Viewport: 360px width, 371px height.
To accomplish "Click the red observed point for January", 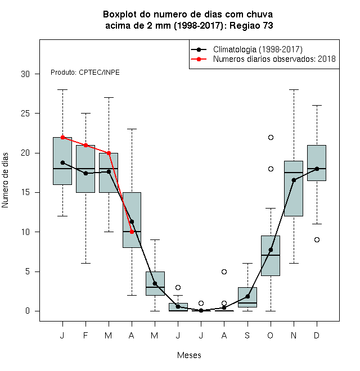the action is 62,137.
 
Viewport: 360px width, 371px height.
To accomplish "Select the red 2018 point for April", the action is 132,232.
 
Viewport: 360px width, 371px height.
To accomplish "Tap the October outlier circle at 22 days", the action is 271,138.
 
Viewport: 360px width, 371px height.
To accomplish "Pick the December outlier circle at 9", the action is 317,239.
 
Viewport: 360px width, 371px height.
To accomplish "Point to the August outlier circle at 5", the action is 224,272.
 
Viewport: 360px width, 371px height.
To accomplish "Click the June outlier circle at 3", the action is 178,287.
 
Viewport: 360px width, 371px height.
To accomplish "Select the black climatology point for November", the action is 294,180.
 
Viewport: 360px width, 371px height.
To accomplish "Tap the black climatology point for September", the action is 247,296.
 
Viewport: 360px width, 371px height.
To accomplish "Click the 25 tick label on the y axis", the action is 25,114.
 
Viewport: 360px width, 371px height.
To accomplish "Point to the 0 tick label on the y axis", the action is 28,311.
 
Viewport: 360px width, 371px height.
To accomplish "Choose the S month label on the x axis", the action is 247,335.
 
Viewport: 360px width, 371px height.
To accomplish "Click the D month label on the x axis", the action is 317,335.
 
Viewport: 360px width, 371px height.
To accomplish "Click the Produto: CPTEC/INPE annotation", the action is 85,73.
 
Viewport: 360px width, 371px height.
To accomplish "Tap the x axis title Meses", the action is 189,355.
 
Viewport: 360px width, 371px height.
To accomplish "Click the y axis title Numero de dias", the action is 5,180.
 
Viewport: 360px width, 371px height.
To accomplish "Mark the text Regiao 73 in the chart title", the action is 251,25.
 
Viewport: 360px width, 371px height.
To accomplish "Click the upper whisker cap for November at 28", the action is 294,90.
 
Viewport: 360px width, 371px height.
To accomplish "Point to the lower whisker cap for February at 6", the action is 85,263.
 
